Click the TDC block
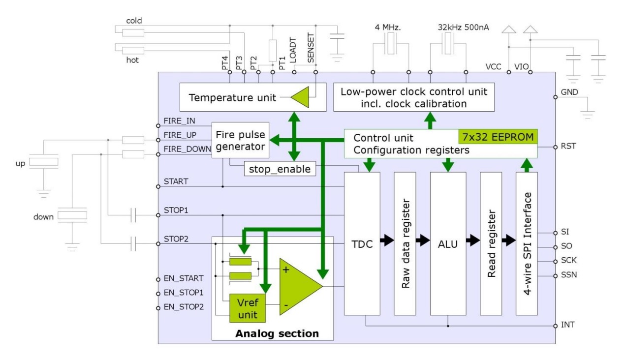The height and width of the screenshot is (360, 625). (362, 243)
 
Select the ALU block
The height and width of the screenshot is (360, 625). (448, 243)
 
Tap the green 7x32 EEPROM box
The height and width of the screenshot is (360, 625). (498, 137)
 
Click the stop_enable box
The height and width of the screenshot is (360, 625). (280, 169)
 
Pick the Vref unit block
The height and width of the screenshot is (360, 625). (248, 308)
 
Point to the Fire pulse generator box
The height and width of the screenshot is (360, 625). (240, 140)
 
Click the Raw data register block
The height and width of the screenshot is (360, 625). (405, 243)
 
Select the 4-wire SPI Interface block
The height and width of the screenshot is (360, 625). (527, 243)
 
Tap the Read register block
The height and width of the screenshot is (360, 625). (491, 243)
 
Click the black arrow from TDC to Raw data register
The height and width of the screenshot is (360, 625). (387, 240)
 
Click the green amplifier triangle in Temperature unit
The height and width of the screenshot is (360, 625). (300, 97)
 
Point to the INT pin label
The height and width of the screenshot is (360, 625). (567, 325)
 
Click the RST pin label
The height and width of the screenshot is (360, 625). (568, 146)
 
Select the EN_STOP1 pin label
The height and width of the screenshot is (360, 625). (183, 293)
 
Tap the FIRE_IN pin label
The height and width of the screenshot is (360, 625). (179, 121)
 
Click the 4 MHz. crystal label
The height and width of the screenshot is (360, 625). (388, 28)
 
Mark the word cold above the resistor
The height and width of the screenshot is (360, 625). (134, 21)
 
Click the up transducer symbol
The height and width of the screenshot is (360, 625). (44, 162)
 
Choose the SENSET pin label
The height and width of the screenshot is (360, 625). (311, 48)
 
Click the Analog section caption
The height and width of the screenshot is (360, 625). (277, 333)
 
